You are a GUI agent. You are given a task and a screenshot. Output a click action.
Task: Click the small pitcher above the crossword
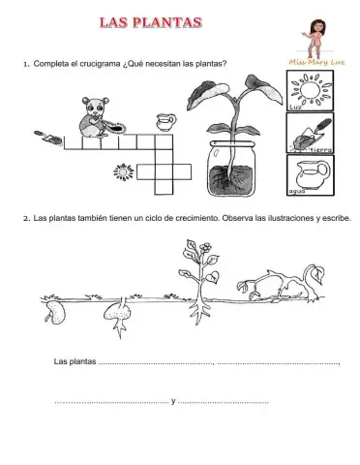pyautogui.click(x=167, y=125)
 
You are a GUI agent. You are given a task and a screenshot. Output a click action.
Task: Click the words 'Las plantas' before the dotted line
pyautogui.click(x=75, y=363)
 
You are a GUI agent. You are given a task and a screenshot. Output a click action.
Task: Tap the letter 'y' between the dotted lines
pyautogui.click(x=172, y=400)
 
